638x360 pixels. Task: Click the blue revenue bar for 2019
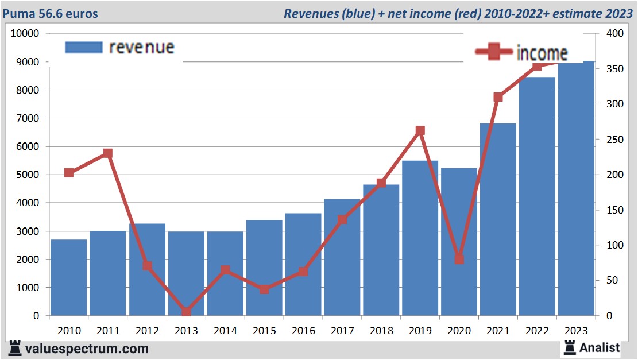420,238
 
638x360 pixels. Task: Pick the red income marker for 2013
186,312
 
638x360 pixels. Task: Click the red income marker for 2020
459,259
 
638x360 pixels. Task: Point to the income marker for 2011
108,153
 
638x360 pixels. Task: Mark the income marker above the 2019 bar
420,131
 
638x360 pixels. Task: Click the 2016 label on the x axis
303,331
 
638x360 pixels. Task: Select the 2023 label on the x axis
577,331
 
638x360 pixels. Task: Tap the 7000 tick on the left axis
27,118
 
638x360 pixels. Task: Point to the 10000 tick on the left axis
25,33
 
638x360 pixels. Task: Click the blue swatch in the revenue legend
84,47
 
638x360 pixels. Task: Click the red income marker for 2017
342,220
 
